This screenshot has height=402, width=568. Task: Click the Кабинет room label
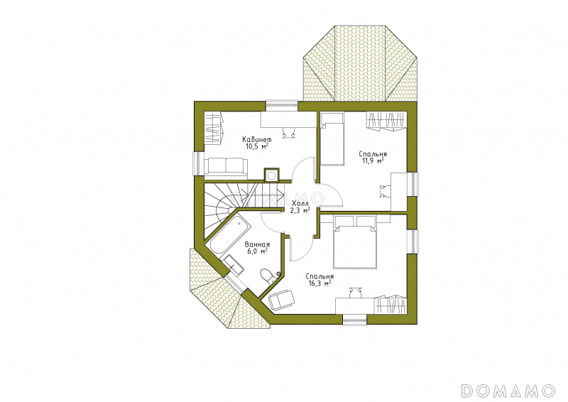[x=256, y=139]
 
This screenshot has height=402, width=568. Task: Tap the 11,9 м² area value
[x=373, y=161]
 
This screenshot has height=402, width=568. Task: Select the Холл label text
[x=300, y=203]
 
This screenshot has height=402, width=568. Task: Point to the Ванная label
[x=257, y=244]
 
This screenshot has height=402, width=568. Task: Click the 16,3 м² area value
[x=319, y=283]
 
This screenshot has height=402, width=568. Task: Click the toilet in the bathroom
[x=268, y=276]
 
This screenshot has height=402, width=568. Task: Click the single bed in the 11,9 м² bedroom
[x=331, y=138]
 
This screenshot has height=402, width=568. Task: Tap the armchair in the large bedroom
[x=282, y=300]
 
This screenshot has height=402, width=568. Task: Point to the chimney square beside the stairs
[x=271, y=175]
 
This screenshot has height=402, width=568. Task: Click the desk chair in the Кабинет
[x=288, y=132]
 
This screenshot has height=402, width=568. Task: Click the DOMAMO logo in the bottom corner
[x=508, y=391]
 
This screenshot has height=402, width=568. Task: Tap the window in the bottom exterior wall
[x=354, y=320]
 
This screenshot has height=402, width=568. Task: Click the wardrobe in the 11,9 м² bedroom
[x=386, y=121]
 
